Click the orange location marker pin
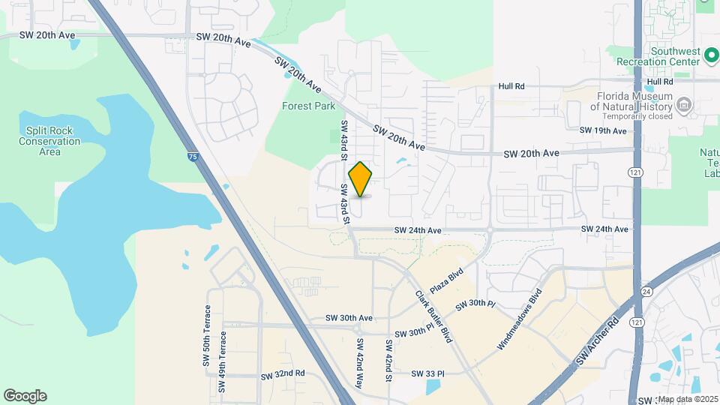(x=361, y=179)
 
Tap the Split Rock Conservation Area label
(x=49, y=141)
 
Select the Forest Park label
(x=308, y=106)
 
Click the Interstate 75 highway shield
(x=194, y=157)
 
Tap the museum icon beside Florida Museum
(x=683, y=106)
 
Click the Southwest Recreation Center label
(x=674, y=56)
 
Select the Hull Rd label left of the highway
(x=511, y=87)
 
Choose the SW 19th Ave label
(x=602, y=131)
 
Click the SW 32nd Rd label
(x=283, y=373)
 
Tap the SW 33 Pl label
(x=428, y=373)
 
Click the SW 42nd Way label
(x=360, y=363)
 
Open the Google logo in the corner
(x=25, y=396)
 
